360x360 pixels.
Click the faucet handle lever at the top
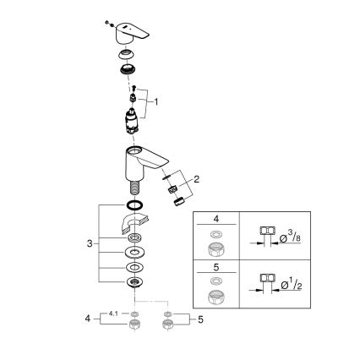131,33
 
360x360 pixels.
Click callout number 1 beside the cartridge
156,102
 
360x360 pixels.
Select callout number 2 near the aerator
196,179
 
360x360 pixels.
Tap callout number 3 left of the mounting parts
90,243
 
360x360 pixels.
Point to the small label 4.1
113,314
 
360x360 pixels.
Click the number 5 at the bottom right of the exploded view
200,319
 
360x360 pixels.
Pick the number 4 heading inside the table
216,219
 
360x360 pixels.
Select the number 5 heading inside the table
216,267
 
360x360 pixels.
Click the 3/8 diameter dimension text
290,237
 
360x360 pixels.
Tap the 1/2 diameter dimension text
292,285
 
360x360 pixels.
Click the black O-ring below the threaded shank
134,205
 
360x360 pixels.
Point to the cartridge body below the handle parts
131,121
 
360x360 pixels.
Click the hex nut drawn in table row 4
216,249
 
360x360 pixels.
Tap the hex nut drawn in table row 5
216,297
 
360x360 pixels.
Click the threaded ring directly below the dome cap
128,69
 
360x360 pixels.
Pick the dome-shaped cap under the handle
127,54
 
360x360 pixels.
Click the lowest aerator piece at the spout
178,202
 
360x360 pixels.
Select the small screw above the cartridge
134,88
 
